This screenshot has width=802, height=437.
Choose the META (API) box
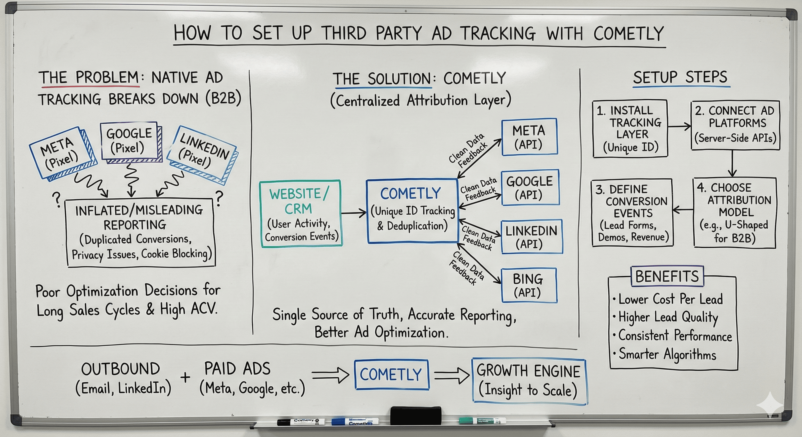[529, 137]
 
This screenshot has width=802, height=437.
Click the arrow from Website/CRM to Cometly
[354, 213]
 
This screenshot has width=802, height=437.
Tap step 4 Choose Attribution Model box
[734, 213]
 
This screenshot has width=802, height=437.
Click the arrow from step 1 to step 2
[679, 126]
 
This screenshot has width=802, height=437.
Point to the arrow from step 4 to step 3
[683, 210]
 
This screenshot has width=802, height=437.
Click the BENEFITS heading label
[667, 276]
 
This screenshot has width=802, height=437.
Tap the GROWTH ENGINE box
[528, 381]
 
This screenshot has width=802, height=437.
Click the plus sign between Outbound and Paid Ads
[185, 377]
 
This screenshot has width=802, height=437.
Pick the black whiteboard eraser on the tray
[416, 415]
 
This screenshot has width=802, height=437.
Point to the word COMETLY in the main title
[629, 34]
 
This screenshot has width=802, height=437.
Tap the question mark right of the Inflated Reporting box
[219, 198]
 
